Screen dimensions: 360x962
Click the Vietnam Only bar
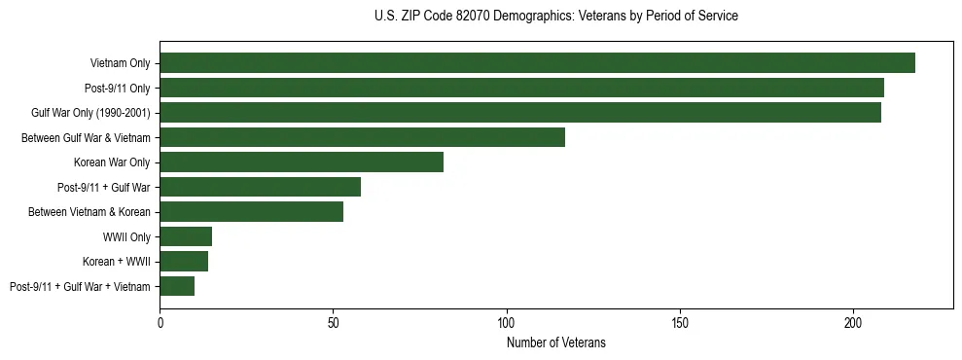(x=537, y=63)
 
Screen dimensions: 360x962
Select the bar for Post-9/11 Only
(x=521, y=88)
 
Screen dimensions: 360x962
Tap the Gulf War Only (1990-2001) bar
(x=520, y=113)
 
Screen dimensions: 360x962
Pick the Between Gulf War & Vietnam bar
(x=362, y=137)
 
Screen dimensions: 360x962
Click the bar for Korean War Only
(x=302, y=162)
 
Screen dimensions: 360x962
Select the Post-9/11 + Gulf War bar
(x=260, y=187)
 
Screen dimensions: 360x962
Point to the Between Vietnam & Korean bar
(x=251, y=211)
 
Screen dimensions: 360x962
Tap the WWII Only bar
(x=186, y=236)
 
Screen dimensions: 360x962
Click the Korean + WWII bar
(x=184, y=261)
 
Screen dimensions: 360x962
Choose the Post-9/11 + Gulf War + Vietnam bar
(x=177, y=286)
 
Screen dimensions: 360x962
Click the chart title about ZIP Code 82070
(x=556, y=17)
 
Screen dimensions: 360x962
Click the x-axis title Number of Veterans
(x=556, y=342)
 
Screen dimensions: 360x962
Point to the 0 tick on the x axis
(x=160, y=321)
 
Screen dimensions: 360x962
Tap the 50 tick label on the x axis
(x=334, y=321)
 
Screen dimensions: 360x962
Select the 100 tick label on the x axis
(x=507, y=321)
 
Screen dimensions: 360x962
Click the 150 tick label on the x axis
(x=680, y=321)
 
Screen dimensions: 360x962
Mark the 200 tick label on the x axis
(x=853, y=321)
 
